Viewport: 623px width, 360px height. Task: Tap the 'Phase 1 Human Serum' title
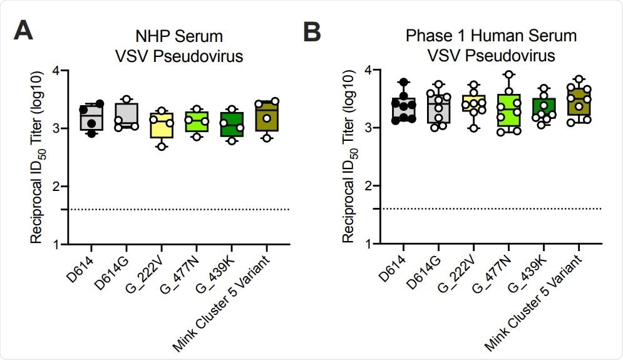(x=491, y=37)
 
